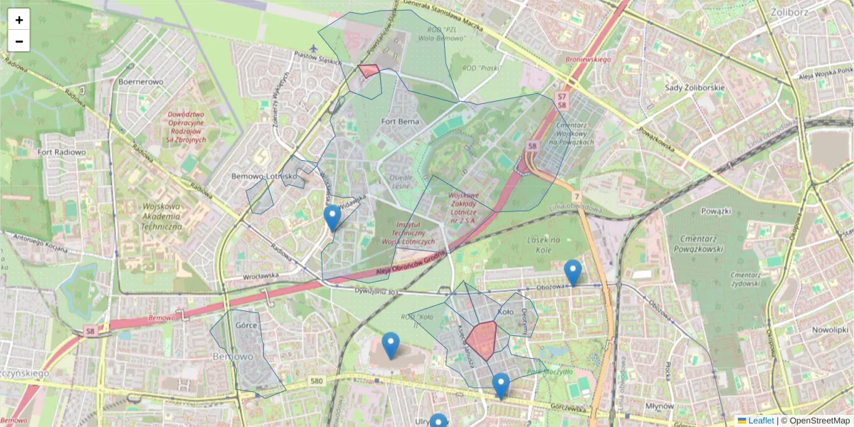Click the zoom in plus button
click(x=19, y=20)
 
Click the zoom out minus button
click(x=19, y=41)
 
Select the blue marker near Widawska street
click(x=332, y=217)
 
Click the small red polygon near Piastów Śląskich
click(x=369, y=70)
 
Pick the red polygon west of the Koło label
click(x=482, y=339)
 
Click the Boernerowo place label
click(x=141, y=82)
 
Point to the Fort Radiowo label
click(x=62, y=152)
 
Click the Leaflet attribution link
click(x=760, y=421)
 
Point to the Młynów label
click(x=658, y=406)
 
